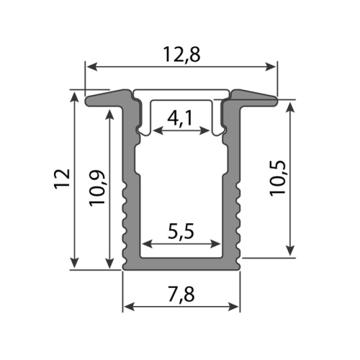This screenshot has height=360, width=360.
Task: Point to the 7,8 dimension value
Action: (181, 294)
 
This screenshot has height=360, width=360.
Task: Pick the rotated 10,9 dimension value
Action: (98, 191)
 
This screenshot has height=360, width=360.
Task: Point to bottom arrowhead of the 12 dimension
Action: (75, 263)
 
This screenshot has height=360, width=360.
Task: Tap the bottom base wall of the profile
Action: (181, 264)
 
